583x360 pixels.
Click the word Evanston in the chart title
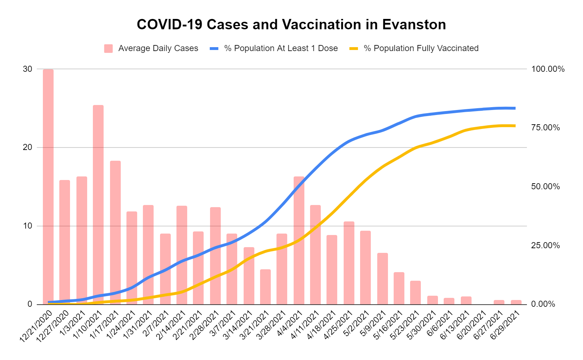[x=414, y=25]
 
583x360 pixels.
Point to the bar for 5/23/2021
[x=415, y=292]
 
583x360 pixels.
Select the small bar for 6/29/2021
[x=516, y=302]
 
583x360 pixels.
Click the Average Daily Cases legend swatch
[x=109, y=49]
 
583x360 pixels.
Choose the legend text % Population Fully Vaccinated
[x=421, y=49]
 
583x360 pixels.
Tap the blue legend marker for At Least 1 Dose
[x=214, y=49]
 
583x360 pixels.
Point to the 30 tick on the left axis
[x=28, y=69]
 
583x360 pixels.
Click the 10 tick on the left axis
[x=28, y=226]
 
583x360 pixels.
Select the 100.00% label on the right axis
[x=548, y=69]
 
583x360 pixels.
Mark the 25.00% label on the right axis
[x=545, y=245]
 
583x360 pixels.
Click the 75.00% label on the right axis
[x=545, y=128]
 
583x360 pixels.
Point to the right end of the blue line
[x=514, y=108]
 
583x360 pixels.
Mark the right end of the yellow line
[x=514, y=126]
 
